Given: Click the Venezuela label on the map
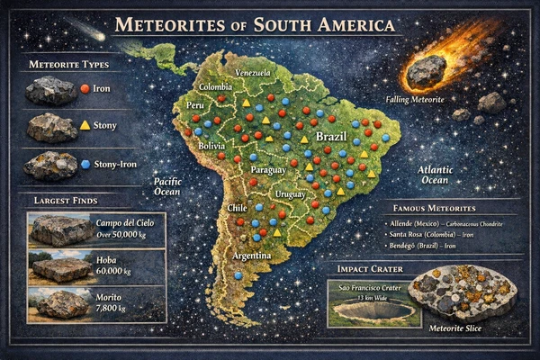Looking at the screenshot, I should (252, 72).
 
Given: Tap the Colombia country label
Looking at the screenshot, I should (216, 87).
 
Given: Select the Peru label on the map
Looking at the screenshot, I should (195, 105).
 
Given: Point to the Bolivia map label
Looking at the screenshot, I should (211, 145).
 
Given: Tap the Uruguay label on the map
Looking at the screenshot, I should (291, 193).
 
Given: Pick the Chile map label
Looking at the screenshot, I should (238, 208).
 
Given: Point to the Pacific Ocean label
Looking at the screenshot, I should (167, 185).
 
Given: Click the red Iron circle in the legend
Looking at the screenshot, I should (84, 89).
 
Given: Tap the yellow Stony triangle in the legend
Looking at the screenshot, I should (84, 126).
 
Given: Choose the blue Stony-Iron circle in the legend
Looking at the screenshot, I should (85, 164).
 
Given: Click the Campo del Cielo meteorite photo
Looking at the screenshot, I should (61, 230).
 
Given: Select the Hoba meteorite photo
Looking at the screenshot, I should (61, 268).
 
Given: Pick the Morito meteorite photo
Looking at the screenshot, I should (61, 304).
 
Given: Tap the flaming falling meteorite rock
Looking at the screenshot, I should (426, 70).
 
